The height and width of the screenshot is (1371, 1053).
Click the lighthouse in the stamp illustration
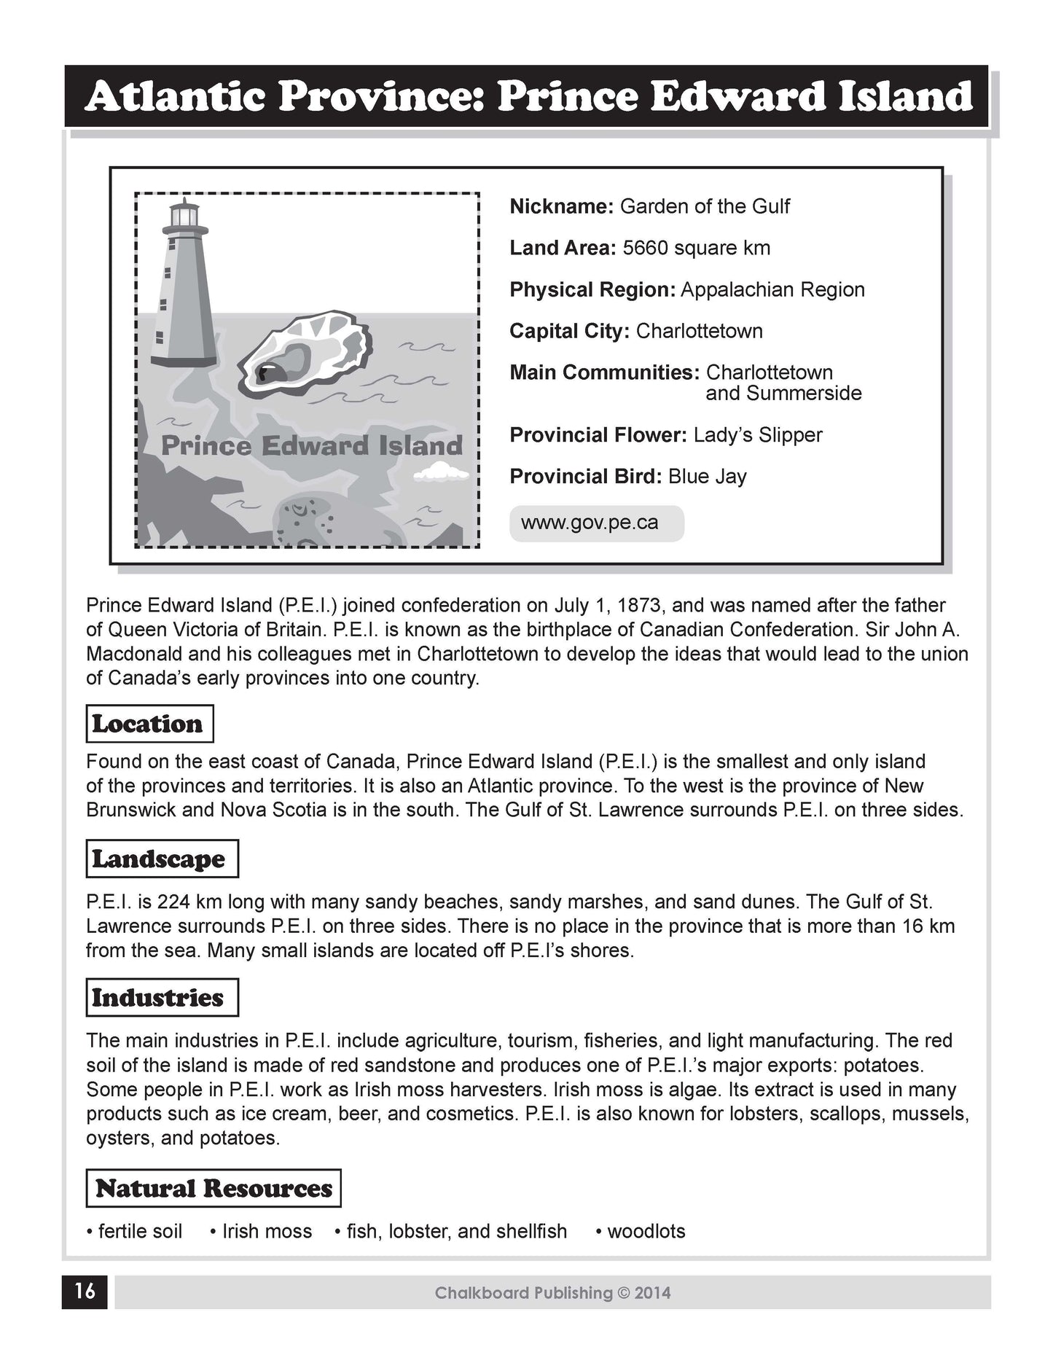(x=184, y=292)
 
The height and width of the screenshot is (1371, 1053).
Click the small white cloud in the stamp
(x=441, y=475)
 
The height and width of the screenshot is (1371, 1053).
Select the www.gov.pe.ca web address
(x=590, y=523)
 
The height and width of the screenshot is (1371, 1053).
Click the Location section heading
(x=149, y=724)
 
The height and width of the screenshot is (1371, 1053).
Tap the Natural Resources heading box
(x=214, y=1189)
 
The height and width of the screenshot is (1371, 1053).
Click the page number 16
(x=85, y=1292)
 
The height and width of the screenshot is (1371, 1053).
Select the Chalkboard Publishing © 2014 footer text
(x=552, y=1293)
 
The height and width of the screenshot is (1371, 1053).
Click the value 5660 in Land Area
(x=645, y=249)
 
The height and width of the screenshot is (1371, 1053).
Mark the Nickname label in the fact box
(x=562, y=207)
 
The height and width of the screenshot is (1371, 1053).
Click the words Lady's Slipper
(x=757, y=435)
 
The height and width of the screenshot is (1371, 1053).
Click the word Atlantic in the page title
(x=174, y=97)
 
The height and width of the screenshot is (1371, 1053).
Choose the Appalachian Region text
(x=772, y=290)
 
